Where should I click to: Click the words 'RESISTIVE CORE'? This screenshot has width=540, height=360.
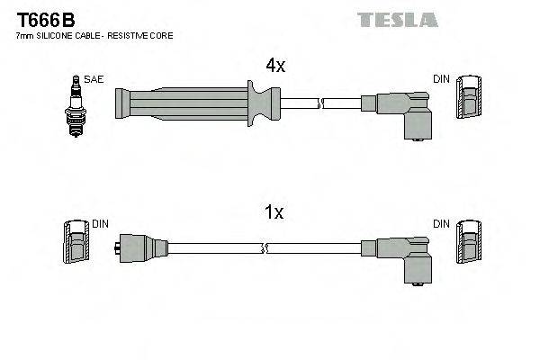[143, 36]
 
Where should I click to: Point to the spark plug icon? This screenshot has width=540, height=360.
[75, 105]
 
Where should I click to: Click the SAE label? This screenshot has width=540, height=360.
[94, 79]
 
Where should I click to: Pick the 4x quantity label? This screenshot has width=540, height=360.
[274, 65]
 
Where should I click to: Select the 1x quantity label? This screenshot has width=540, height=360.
[274, 212]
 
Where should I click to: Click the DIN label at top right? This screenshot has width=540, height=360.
[440, 79]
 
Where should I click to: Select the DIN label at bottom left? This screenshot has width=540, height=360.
[100, 222]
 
